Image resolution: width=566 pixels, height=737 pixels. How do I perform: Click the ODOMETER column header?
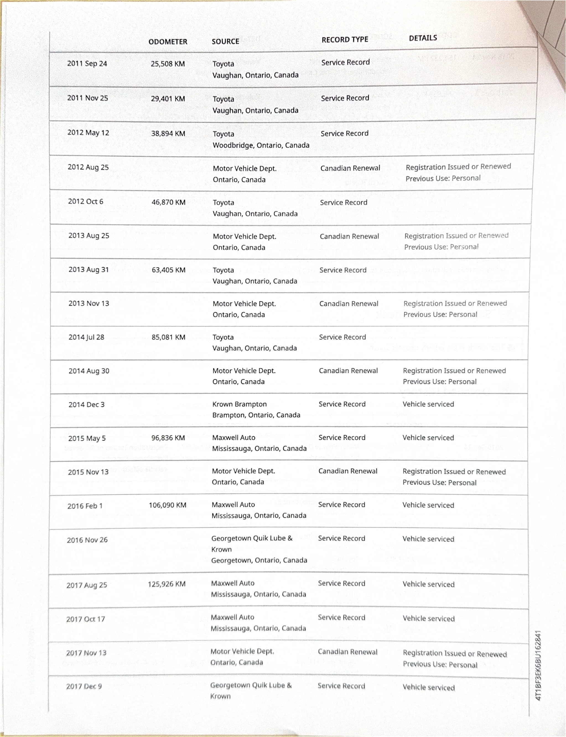click(x=168, y=42)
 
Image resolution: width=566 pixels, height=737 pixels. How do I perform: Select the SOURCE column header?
click(x=225, y=41)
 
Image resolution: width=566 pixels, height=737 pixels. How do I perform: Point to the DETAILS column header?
click(x=423, y=38)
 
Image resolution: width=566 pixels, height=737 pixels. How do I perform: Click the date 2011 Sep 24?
click(x=87, y=63)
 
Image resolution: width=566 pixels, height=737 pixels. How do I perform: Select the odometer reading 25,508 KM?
click(x=168, y=64)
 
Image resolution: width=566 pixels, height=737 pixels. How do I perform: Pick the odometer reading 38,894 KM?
click(x=168, y=133)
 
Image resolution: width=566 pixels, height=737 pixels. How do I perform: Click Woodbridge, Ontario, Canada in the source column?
click(x=261, y=145)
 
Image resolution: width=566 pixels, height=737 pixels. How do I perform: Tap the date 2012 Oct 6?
click(x=85, y=201)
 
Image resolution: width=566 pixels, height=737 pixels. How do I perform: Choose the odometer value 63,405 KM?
click(x=168, y=270)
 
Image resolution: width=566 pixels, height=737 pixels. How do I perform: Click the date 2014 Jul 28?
click(x=86, y=337)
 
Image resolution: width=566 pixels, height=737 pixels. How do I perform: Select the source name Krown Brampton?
click(x=239, y=404)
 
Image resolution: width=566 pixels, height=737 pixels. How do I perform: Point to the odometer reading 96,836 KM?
click(x=168, y=438)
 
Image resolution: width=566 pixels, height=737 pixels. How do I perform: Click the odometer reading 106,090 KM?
click(x=167, y=505)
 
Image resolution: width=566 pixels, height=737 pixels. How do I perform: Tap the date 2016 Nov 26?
click(x=87, y=540)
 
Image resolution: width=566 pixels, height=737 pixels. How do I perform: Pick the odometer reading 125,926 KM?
click(x=167, y=584)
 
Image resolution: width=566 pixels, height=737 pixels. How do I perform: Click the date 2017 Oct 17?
click(x=85, y=619)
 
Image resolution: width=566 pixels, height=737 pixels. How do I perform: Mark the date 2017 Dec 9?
click(x=84, y=686)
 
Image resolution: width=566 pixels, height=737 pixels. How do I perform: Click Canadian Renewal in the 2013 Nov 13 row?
click(x=349, y=303)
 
